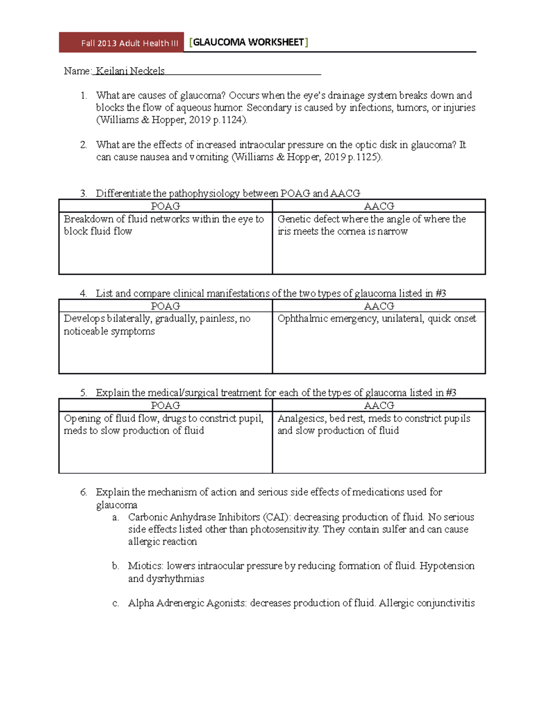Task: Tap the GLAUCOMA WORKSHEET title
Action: [248, 43]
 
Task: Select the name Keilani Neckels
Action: [130, 71]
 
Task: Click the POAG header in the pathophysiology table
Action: [165, 206]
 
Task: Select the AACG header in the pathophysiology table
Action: [379, 206]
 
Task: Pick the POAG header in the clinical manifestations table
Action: [165, 306]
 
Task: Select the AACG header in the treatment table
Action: [379, 405]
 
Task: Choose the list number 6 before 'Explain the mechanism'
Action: [83, 492]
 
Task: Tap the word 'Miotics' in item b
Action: [145, 566]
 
